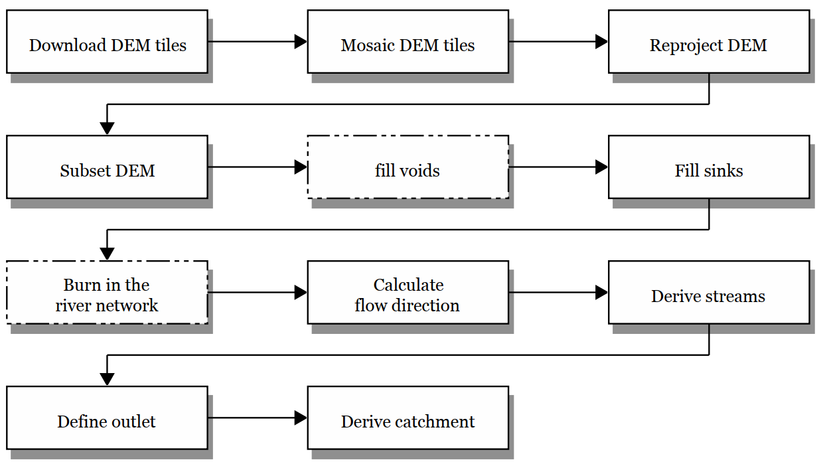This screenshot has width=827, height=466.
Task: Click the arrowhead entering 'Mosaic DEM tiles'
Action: tap(301, 42)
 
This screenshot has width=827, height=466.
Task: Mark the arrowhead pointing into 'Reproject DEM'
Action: tap(601, 42)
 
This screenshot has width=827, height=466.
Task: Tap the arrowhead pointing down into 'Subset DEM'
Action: tap(107, 129)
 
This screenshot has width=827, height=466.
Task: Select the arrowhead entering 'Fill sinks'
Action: tap(601, 167)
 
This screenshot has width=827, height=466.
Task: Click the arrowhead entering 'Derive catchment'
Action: tap(301, 418)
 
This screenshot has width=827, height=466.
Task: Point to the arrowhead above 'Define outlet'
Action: tap(107, 379)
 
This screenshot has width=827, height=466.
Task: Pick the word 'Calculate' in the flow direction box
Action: tap(408, 285)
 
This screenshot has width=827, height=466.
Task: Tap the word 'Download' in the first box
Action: tap(58, 46)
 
